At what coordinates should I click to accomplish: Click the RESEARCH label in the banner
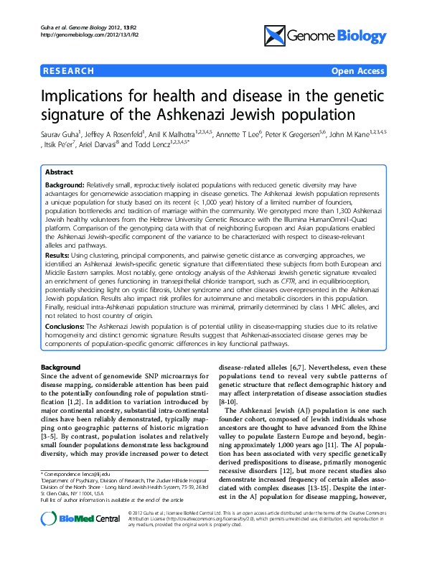click(68, 71)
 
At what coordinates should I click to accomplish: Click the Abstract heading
click(59, 173)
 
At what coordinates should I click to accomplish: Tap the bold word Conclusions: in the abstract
click(65, 325)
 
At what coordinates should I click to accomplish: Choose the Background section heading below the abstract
click(61, 367)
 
